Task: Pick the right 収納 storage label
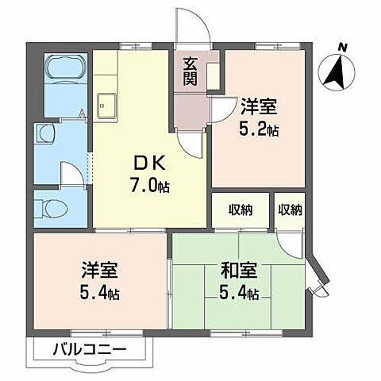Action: pos(291,210)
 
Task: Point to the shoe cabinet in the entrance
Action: pos(213,75)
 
